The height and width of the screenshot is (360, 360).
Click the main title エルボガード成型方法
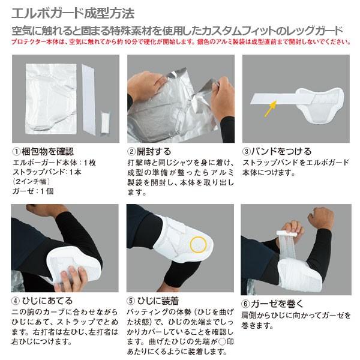point(73,13)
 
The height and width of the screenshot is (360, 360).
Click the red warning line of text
point(181,42)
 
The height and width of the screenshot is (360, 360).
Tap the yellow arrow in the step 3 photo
point(270,108)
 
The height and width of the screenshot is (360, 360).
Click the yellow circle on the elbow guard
point(198,245)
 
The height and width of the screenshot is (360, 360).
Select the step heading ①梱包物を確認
point(43,152)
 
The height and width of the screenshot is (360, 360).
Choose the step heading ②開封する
point(149,152)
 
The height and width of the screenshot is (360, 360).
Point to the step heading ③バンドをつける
point(277,151)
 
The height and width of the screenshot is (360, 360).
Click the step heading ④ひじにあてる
point(42,301)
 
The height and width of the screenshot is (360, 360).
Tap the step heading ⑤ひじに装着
point(152,301)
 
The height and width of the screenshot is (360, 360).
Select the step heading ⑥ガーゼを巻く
point(272,304)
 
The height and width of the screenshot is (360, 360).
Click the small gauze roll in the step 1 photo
point(105,123)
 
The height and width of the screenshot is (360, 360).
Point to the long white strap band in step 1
point(89,100)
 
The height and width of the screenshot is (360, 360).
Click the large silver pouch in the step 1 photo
point(51,99)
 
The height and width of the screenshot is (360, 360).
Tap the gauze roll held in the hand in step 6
point(287,234)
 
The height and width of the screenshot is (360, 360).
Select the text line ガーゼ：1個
point(33,191)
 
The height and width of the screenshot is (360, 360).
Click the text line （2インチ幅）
point(31,181)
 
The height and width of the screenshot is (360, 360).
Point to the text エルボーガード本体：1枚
point(54,163)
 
